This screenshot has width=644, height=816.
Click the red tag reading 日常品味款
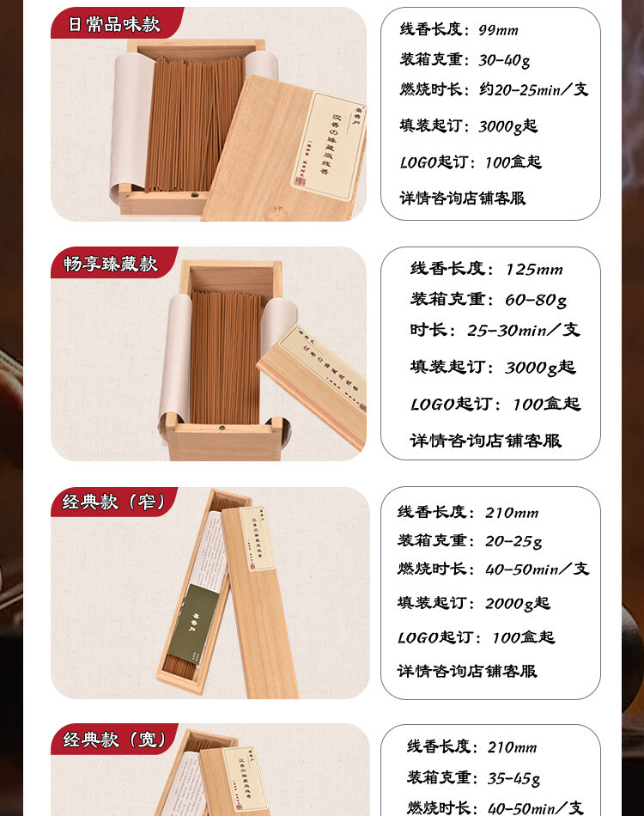click(114, 24)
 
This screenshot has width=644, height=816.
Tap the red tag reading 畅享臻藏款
click(111, 264)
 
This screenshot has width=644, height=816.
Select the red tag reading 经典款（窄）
click(113, 502)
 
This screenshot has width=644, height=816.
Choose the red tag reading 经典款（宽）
click(113, 739)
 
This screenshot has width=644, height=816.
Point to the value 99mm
click(498, 30)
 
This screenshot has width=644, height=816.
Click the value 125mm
click(533, 270)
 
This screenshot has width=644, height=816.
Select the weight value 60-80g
click(536, 300)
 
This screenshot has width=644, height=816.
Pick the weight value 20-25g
click(513, 541)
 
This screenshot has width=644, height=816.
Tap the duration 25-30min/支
click(523, 331)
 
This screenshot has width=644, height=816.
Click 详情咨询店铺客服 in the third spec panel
click(467, 671)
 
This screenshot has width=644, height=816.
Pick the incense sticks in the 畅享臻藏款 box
click(226, 356)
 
